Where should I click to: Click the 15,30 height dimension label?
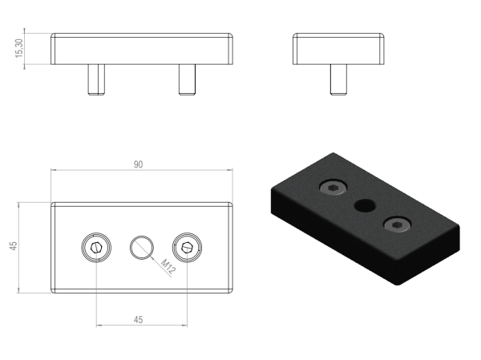[x=19, y=48]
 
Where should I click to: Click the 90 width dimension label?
[x=138, y=165]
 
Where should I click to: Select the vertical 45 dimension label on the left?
[x=14, y=246]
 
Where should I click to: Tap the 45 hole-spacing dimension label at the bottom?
[x=138, y=320]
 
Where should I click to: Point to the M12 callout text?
[x=168, y=266]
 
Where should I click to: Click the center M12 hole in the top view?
[x=142, y=248]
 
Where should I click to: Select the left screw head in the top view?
[x=96, y=248]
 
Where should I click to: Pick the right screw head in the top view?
[x=187, y=248]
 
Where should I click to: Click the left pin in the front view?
[x=96, y=79]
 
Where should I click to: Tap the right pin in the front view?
[x=187, y=79]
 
